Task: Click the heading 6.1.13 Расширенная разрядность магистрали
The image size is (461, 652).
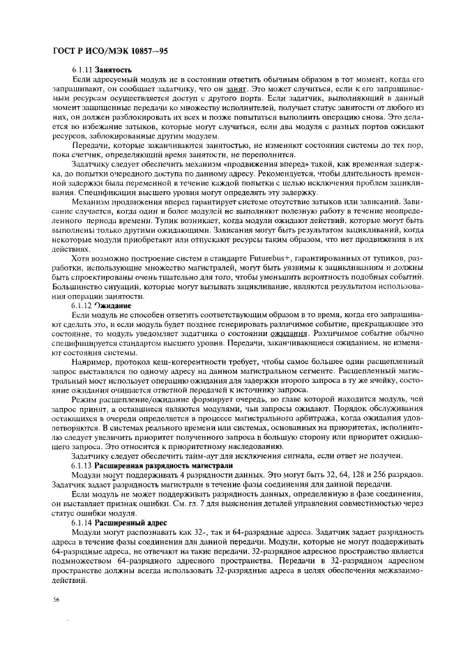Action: pyautogui.click(x=139, y=465)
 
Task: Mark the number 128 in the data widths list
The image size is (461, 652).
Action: pyautogui.click(x=362, y=475)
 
